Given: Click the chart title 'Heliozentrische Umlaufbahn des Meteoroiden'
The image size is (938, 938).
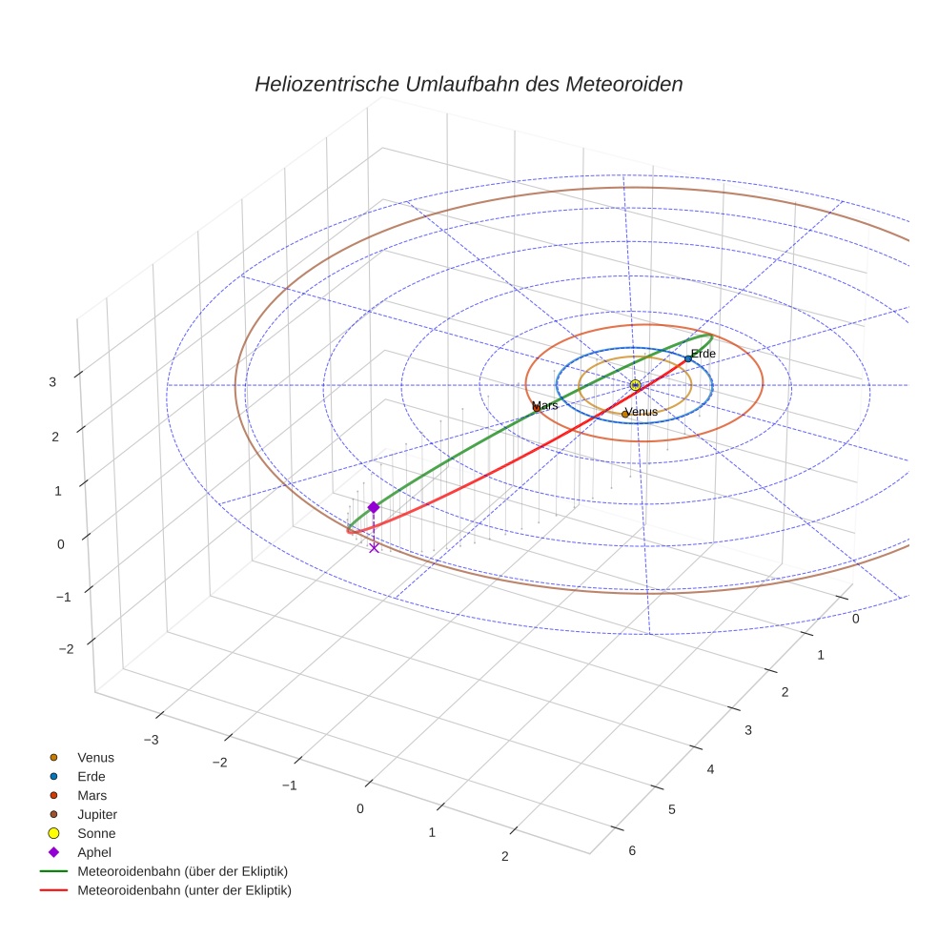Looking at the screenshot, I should [x=468, y=84].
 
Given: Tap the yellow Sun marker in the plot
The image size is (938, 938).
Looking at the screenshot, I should [x=635, y=385].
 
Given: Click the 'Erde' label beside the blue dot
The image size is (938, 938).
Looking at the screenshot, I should [x=703, y=354].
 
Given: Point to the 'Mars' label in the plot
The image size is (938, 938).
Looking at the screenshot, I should [x=544, y=406].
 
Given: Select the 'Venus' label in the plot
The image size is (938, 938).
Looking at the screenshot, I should [x=640, y=412].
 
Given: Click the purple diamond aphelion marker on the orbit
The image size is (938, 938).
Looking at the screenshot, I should [x=374, y=507].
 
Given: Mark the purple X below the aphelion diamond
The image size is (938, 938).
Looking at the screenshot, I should [x=374, y=547].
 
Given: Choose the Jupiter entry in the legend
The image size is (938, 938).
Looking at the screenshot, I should [x=97, y=814].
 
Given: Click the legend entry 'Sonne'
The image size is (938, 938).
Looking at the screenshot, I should [x=96, y=833].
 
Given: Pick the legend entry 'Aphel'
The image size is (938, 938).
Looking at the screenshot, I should [x=95, y=852].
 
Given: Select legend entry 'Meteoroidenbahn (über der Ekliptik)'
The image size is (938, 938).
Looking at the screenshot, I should [x=183, y=871].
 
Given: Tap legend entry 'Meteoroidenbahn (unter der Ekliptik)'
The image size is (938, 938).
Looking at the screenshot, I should [x=184, y=890].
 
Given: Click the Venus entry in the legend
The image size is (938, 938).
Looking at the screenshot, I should [x=95, y=757].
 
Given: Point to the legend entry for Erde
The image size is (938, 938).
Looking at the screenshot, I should [x=92, y=776].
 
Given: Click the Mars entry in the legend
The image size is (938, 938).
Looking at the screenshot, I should [x=92, y=795].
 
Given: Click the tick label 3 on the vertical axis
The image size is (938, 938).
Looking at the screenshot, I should [x=53, y=381].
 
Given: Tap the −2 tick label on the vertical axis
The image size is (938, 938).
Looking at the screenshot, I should [x=66, y=649].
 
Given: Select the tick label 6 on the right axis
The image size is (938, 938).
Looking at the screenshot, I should [x=632, y=851].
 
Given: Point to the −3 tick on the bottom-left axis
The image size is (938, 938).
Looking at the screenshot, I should [x=150, y=739].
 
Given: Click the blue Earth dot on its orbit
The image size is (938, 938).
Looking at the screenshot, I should [x=687, y=358].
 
